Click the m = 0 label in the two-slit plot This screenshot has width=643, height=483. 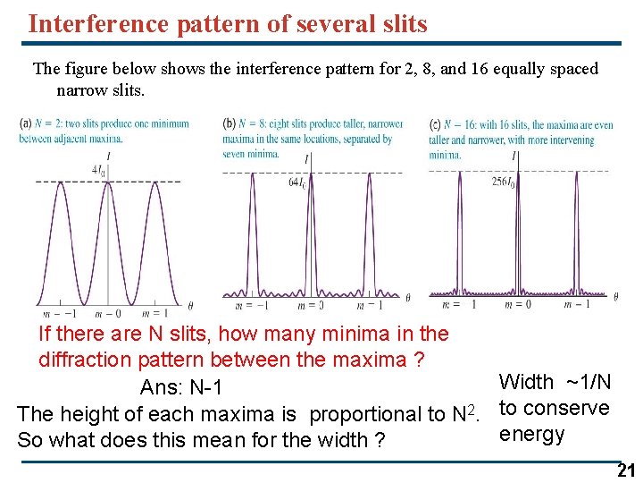(x=107, y=313)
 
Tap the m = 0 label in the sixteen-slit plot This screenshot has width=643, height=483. (x=517, y=304)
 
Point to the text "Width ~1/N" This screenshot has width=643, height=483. (x=555, y=382)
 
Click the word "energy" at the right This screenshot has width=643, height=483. (x=531, y=435)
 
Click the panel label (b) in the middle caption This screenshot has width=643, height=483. (x=230, y=123)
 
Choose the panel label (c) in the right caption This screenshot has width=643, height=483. (x=435, y=124)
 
